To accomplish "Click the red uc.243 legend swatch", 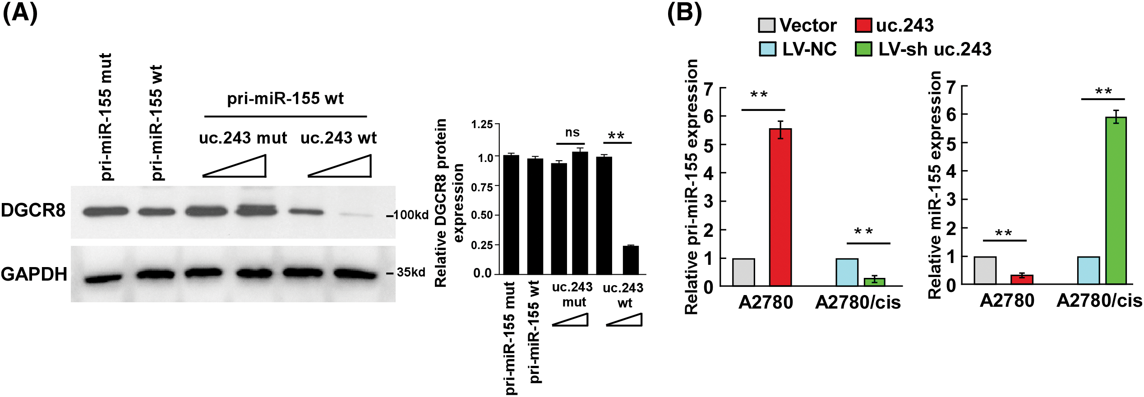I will click(863, 25).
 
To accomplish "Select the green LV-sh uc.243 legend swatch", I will click(863, 49).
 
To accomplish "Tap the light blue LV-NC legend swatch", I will click(767, 49).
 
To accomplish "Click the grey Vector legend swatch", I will click(766, 25).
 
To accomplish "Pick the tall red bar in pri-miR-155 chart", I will click(780, 208).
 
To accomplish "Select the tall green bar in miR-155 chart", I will click(1116, 201).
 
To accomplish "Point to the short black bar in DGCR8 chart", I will click(631, 260).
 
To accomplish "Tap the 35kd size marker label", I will click(411, 272).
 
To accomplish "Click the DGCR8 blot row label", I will click(33, 211).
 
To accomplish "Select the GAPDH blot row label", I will click(34, 274).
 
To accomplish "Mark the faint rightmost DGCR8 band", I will click(356, 215).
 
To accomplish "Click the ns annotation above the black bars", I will click(572, 133).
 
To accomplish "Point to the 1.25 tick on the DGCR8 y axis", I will click(482, 124).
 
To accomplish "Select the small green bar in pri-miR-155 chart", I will click(874, 282).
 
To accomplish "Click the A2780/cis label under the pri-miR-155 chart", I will click(858, 302).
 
